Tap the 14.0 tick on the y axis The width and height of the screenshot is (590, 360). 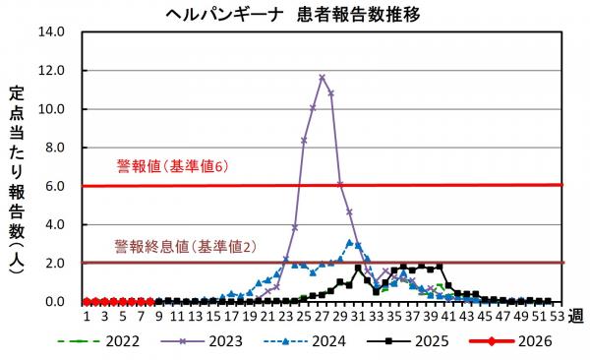pyautogui.click(x=51, y=31)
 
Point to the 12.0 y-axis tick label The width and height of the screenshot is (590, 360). pyautogui.click(x=51, y=71)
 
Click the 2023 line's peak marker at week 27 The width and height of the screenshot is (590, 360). pyautogui.click(x=322, y=78)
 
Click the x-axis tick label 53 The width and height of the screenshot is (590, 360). pyautogui.click(x=558, y=317)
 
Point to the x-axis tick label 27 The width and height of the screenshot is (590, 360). pyautogui.click(x=322, y=317)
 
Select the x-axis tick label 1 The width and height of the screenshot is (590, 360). pyautogui.click(x=87, y=317)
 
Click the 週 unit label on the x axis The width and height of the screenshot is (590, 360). pyautogui.click(x=578, y=317)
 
